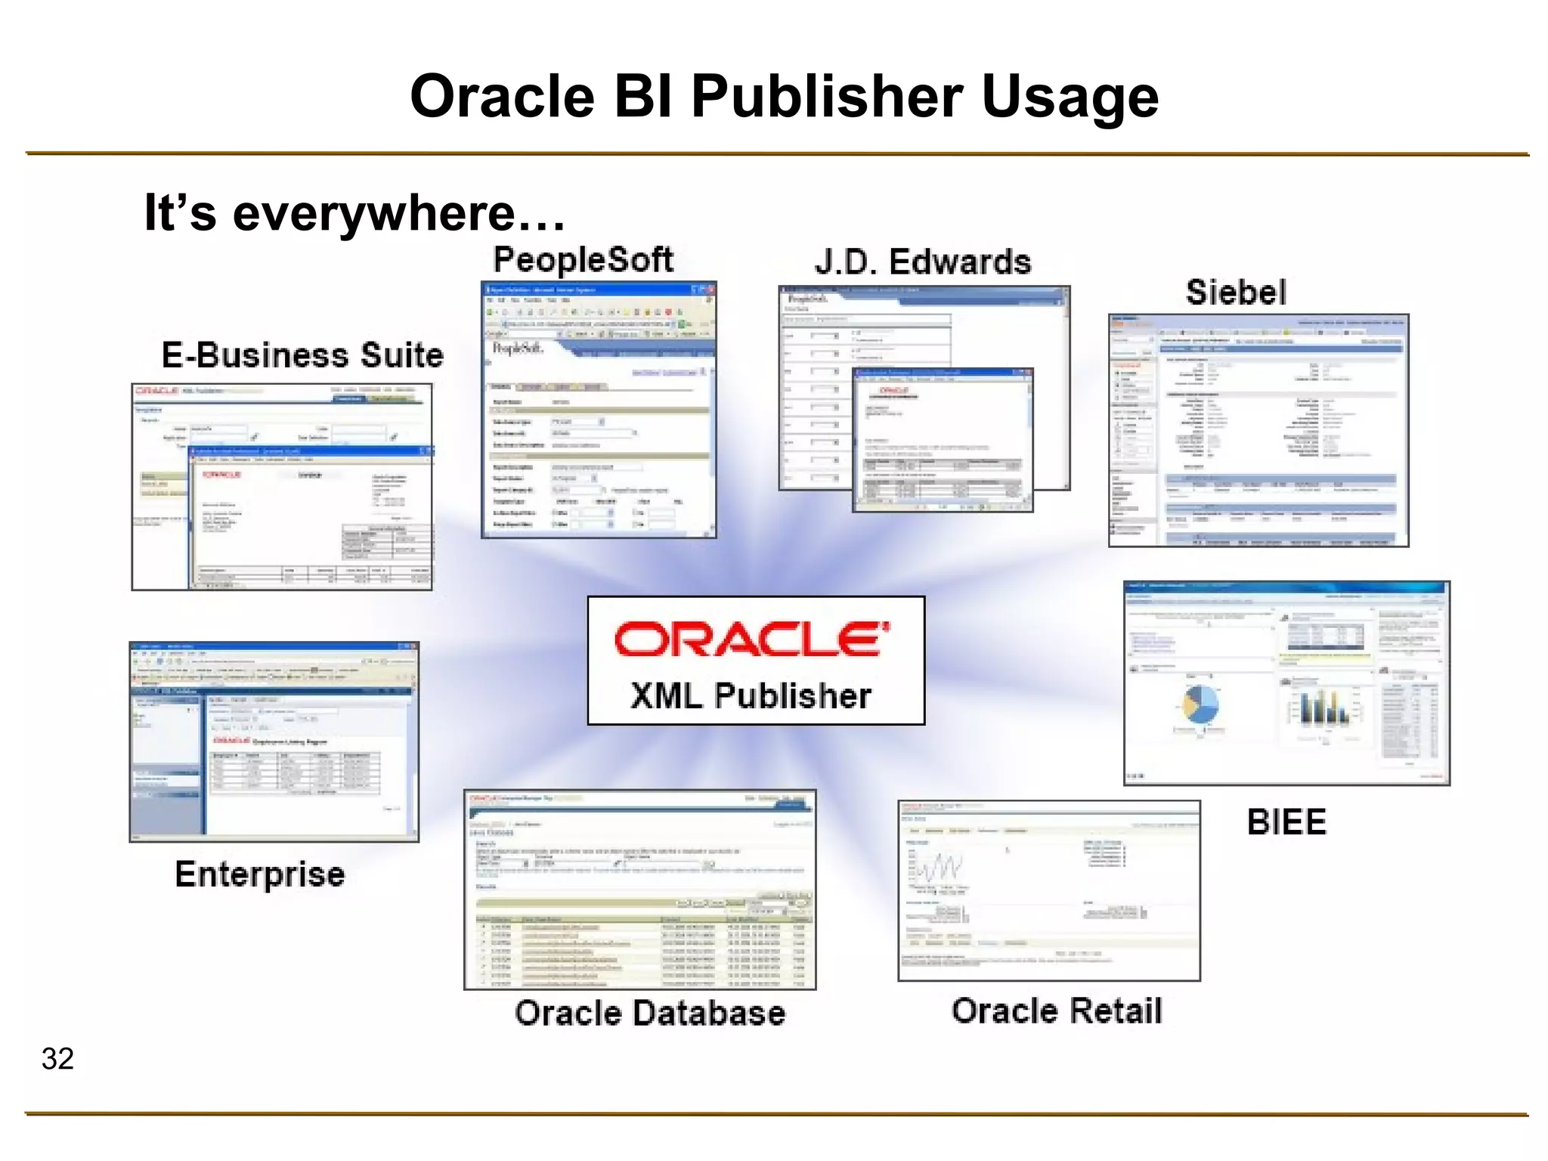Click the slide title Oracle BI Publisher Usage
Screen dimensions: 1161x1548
click(784, 97)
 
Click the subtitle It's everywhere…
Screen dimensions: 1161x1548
click(354, 212)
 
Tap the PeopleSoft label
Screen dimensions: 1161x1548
click(583, 260)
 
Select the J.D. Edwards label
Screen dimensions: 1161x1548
click(922, 262)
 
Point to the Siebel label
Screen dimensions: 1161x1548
click(1236, 293)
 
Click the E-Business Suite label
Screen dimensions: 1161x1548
click(302, 355)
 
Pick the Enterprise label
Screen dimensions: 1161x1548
click(260, 875)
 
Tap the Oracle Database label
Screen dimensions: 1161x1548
click(650, 1014)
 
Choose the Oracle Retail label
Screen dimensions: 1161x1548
click(1057, 1011)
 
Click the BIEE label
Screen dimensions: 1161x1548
click(1286, 822)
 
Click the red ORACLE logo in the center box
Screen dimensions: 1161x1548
click(752, 639)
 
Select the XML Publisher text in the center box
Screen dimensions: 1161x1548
click(751, 696)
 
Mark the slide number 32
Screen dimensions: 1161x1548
click(57, 1059)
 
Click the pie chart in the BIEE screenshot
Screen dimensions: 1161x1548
click(1200, 704)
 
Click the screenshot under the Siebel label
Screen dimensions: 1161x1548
click(1259, 430)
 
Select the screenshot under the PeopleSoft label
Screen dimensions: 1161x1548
click(599, 410)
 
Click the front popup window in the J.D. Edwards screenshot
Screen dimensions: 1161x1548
click(943, 440)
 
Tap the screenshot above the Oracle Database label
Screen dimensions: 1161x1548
click(639, 890)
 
